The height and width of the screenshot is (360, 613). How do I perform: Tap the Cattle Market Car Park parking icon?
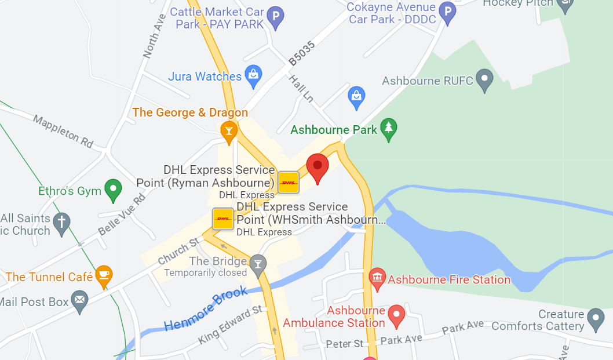[276, 17]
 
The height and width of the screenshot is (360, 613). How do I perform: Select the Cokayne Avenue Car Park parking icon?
[447, 11]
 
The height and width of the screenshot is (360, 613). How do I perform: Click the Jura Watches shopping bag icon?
[253, 75]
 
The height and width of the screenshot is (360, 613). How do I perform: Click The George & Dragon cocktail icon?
[229, 132]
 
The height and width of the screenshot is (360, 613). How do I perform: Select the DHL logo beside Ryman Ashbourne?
[289, 182]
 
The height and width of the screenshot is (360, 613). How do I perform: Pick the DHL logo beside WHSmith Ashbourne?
[223, 219]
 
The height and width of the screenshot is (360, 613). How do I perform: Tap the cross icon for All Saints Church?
[61, 222]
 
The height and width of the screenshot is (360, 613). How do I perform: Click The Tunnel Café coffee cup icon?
[104, 277]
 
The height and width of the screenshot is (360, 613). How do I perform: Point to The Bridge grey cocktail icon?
[257, 264]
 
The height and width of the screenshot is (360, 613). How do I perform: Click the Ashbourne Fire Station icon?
[378, 279]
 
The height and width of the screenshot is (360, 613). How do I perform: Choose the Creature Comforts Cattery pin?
[595, 318]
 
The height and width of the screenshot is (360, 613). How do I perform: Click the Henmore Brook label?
[206, 309]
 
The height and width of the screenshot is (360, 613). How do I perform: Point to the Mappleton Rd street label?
[63, 131]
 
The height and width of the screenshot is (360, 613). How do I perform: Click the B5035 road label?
[302, 53]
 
